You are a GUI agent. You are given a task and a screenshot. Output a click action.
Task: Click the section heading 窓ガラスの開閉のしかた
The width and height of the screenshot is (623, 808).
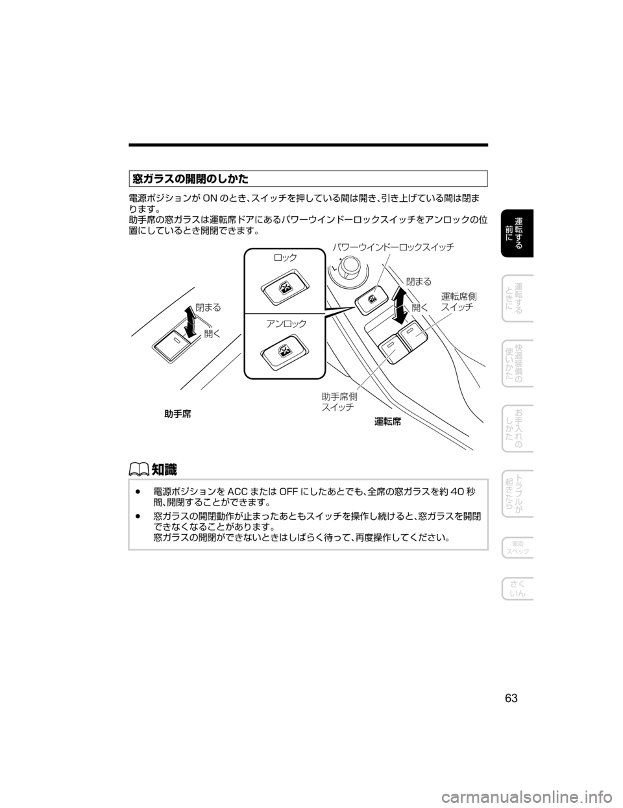(190, 179)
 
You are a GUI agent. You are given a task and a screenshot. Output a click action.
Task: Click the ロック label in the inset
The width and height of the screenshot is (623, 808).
(285, 257)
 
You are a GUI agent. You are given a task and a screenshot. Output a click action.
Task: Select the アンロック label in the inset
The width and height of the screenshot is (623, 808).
(286, 323)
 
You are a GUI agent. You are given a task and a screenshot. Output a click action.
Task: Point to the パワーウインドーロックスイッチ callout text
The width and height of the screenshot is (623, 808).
(393, 247)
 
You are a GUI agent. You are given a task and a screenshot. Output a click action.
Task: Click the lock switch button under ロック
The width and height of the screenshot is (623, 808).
(285, 288)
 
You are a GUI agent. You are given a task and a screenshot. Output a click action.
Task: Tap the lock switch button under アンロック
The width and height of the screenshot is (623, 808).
(285, 351)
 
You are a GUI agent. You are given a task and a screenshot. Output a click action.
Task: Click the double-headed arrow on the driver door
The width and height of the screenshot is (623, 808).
(400, 305)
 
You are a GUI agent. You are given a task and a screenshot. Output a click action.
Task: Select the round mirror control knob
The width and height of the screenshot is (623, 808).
(348, 266)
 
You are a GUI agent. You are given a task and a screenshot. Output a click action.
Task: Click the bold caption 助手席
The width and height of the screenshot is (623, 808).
(178, 413)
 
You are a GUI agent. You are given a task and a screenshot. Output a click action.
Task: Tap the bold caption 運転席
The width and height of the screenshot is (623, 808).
(387, 422)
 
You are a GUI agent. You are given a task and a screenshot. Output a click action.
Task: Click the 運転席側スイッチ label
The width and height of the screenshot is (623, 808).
(458, 302)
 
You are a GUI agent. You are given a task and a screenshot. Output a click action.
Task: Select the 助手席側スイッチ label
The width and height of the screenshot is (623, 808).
(339, 402)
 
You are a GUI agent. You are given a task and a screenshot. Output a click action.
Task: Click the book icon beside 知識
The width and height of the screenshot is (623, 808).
(139, 469)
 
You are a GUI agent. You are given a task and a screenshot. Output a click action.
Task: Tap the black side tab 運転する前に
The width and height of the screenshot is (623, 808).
(517, 233)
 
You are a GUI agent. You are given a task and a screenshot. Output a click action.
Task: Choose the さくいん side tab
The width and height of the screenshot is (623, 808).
(517, 589)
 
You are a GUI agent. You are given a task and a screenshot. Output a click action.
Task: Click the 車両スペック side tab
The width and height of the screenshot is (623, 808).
(517, 548)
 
